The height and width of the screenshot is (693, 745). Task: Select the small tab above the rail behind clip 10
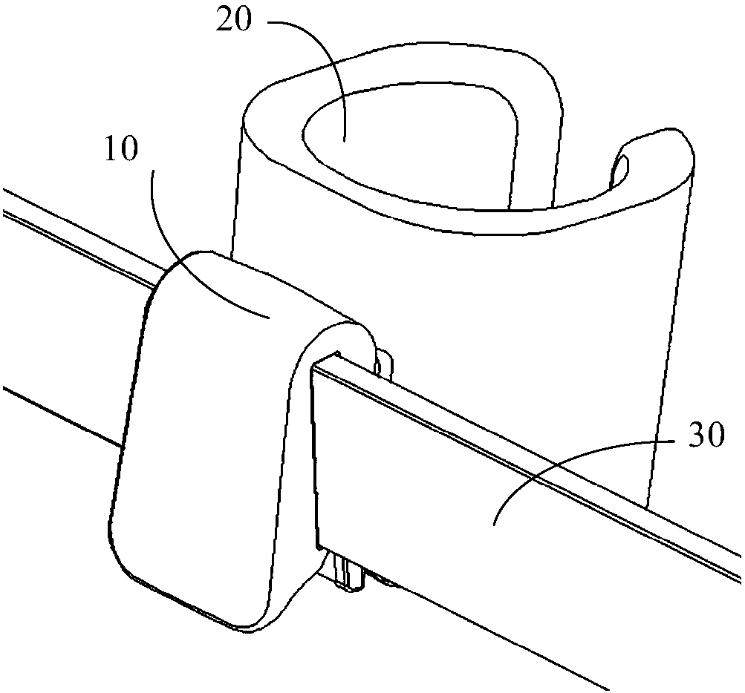(x=385, y=365)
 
